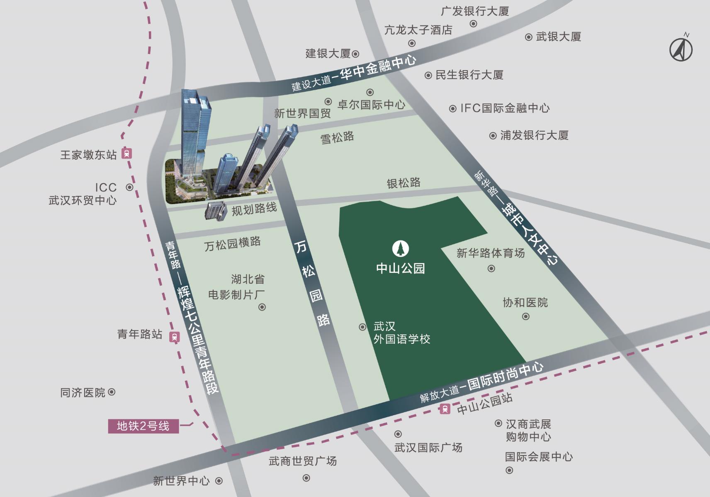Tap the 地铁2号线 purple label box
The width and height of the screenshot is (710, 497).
[143, 426]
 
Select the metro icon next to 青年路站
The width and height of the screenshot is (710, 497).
[175, 337]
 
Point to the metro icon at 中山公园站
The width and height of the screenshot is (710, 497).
[445, 409]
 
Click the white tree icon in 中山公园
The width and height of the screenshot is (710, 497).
[401, 249]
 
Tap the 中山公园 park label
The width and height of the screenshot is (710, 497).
[401, 268]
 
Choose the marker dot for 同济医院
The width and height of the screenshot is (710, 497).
[112, 392]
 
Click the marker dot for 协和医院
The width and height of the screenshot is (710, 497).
[526, 317]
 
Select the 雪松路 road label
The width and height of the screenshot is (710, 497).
[337, 137]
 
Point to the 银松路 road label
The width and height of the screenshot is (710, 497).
[404, 183]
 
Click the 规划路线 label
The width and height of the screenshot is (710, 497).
[254, 209]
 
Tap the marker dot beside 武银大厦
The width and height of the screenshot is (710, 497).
[529, 37]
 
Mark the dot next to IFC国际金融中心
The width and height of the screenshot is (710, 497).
[453, 109]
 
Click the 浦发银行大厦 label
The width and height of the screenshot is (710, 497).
[534, 135]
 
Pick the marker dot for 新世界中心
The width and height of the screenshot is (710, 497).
[219, 481]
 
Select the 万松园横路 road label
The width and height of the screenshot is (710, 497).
[232, 244]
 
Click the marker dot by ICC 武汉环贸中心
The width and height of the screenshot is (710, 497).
[129, 187]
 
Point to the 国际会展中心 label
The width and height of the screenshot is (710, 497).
[539, 457]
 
